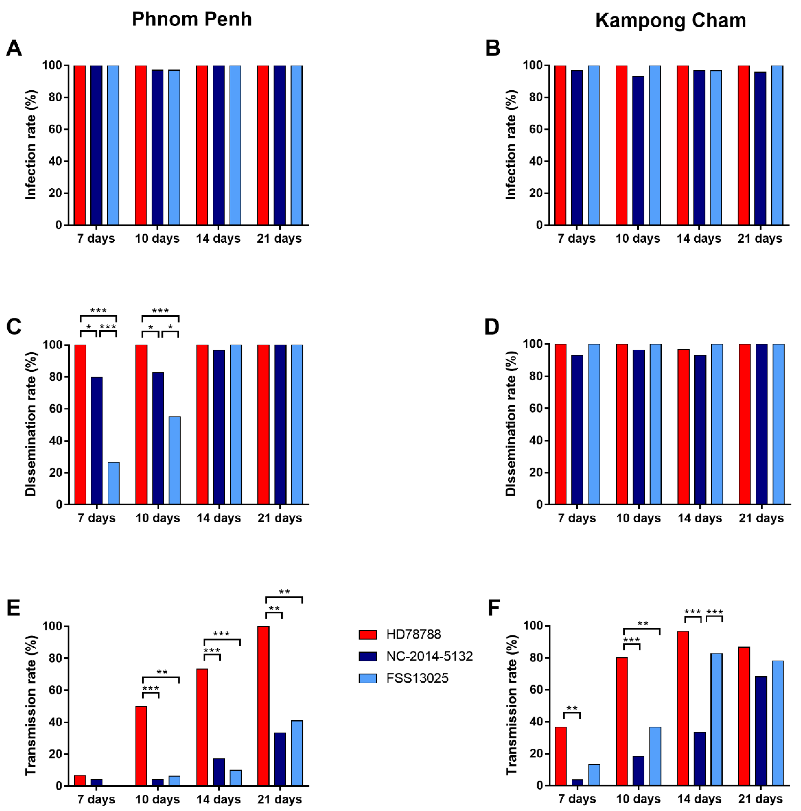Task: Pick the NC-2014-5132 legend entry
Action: [x=416, y=656]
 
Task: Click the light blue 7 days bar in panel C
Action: [x=114, y=483]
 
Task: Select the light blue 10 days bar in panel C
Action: [x=175, y=460]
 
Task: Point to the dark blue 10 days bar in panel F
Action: [x=638, y=771]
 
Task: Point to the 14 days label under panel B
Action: [x=699, y=239]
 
